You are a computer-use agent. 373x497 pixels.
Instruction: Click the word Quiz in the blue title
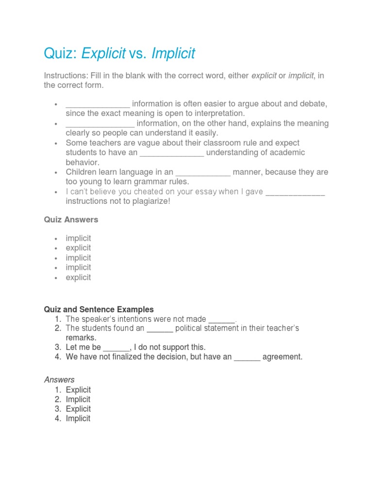pyautogui.click(x=60, y=53)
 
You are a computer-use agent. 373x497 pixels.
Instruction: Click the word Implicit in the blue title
pyautogui.click(x=173, y=53)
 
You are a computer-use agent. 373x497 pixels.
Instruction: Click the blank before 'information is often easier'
pyautogui.click(x=98, y=104)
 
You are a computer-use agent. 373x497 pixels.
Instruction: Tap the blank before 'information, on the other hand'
pyautogui.click(x=100, y=123)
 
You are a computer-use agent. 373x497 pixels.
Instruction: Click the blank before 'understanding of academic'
pyautogui.click(x=172, y=152)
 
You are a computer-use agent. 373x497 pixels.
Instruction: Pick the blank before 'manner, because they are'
pyautogui.click(x=203, y=172)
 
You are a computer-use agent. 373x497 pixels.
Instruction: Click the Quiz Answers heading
pyautogui.click(x=71, y=219)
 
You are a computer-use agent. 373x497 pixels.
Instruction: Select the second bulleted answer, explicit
pyautogui.click(x=78, y=248)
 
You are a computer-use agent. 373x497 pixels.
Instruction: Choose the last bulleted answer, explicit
pyautogui.click(x=78, y=277)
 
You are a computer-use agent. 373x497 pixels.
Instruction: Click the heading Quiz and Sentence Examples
pyautogui.click(x=99, y=309)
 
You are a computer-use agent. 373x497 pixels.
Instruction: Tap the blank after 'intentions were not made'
pyautogui.click(x=222, y=319)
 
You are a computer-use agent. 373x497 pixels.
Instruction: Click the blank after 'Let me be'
pyautogui.click(x=117, y=347)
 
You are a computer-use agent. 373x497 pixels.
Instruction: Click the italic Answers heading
pyautogui.click(x=59, y=380)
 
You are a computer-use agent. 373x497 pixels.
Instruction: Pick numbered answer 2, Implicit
pyautogui.click(x=78, y=399)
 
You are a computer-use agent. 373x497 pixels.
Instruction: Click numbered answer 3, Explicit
pyautogui.click(x=78, y=409)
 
